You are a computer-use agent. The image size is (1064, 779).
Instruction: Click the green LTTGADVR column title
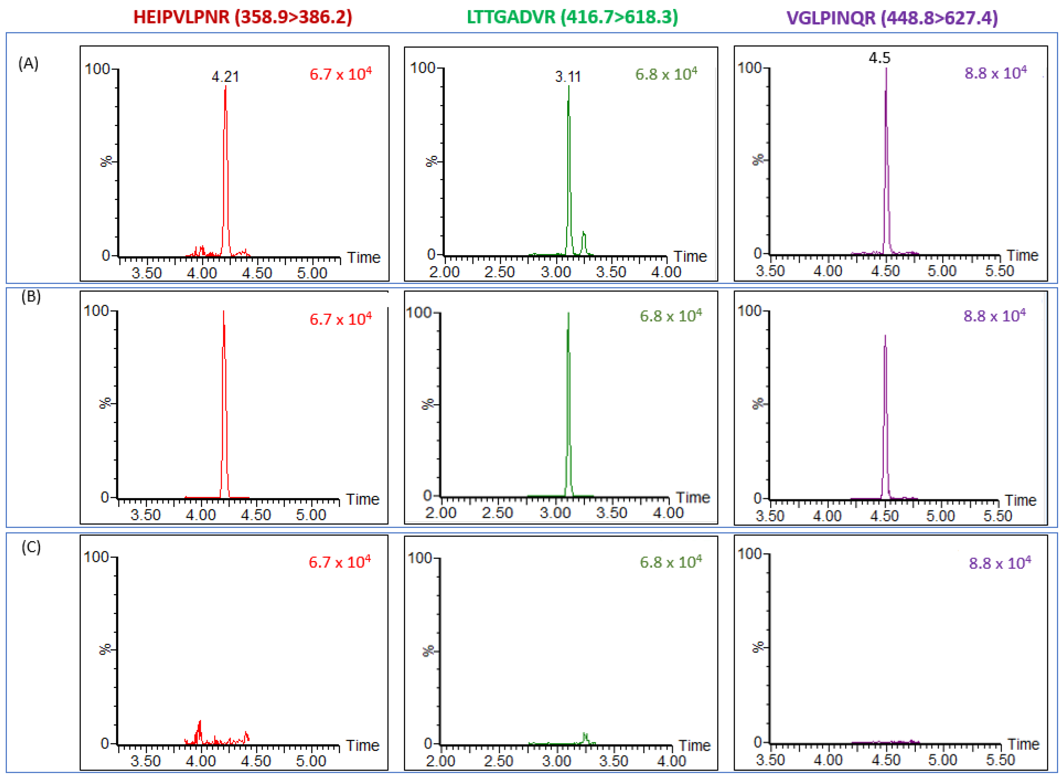572,17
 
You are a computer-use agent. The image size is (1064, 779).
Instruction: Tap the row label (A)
28,63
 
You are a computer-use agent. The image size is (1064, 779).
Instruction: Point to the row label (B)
31,296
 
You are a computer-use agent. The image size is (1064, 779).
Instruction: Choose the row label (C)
31,547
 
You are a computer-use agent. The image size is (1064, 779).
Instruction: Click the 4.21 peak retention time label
225,76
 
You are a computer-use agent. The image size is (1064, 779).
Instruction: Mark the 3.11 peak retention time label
568,76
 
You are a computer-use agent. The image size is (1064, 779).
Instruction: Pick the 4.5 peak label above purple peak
879,58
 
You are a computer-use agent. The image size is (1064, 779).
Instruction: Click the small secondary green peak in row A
584,233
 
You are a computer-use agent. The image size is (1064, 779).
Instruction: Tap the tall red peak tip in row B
223,312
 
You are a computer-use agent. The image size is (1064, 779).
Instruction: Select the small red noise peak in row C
200,723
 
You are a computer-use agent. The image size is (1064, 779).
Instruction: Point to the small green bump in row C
585,735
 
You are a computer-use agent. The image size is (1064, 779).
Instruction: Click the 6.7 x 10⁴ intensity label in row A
340,74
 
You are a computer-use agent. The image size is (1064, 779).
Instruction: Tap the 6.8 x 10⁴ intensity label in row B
670,316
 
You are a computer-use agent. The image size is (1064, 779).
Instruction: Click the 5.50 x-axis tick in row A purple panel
999,271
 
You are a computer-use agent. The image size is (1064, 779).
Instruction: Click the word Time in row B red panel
362,499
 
